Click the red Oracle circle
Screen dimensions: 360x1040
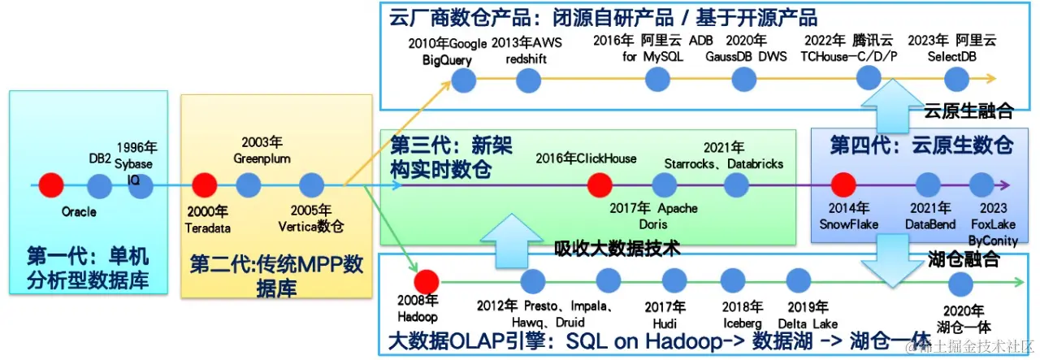(51, 185)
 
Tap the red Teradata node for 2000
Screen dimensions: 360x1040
(204, 185)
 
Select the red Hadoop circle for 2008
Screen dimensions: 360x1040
(426, 281)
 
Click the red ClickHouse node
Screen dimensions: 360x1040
(600, 185)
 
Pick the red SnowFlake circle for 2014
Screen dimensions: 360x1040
(843, 185)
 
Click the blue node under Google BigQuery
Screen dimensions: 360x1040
(463, 79)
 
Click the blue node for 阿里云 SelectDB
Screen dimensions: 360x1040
(956, 79)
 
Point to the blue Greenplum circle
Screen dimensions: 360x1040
(248, 185)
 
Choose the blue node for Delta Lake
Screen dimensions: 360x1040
(799, 281)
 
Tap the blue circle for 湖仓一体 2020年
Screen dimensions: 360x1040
(961, 284)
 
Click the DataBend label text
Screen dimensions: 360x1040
(929, 223)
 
